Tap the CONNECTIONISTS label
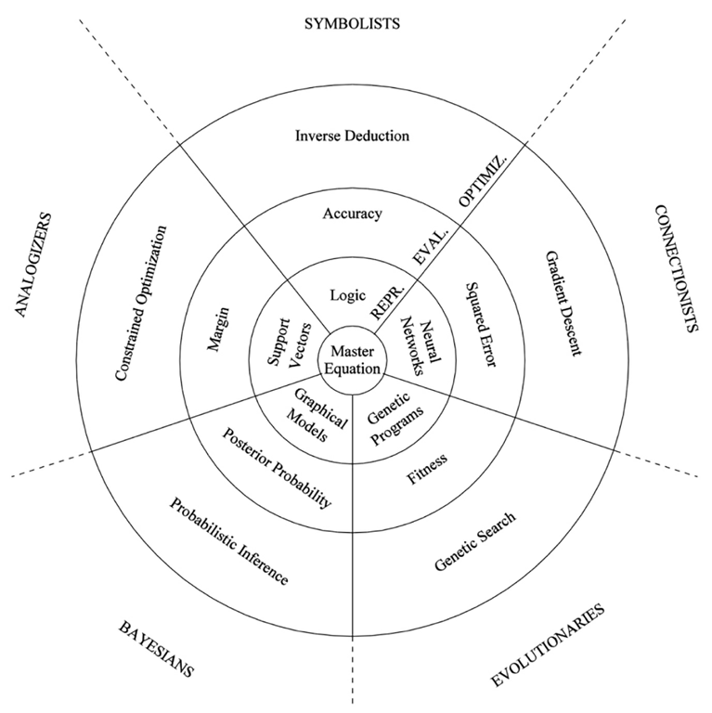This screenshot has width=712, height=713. click(675, 268)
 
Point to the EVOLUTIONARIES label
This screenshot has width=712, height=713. click(548, 646)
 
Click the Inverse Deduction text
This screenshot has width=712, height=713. click(352, 136)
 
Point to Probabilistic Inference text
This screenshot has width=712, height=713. click(228, 540)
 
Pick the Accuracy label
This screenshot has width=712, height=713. click(352, 214)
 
